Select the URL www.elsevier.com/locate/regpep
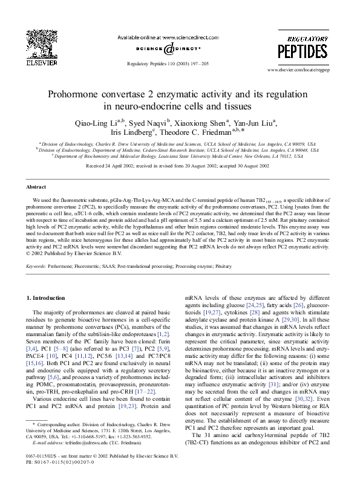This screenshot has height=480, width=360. click(308, 70)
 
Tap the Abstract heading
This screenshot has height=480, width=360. click(36, 188)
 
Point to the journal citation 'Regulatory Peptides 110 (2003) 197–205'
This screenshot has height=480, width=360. click(169, 63)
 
